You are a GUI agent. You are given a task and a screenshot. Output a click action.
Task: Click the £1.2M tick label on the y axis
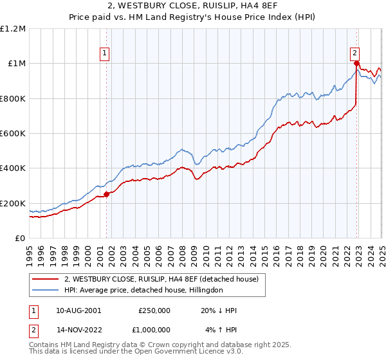click(14, 28)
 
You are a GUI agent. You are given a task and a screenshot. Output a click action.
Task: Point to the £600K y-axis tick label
click(13, 134)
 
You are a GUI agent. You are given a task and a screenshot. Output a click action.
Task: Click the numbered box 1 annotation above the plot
click(105, 54)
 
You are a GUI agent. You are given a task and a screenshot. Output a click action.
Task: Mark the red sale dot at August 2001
click(107, 195)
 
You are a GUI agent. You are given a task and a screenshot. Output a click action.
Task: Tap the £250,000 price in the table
click(154, 310)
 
